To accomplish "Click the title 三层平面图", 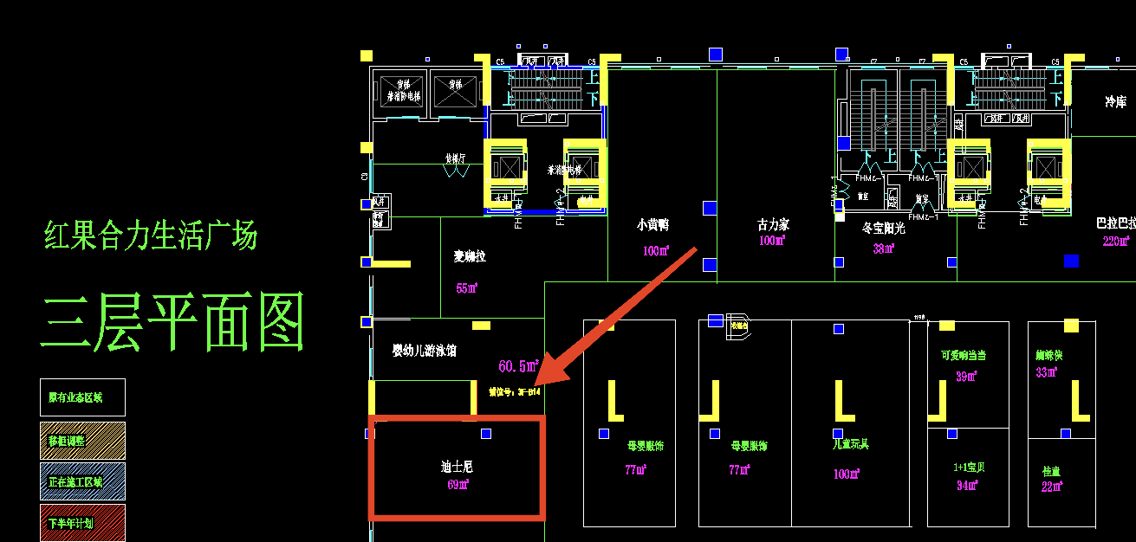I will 173,320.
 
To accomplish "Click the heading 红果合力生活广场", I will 151,236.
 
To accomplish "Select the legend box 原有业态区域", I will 82,397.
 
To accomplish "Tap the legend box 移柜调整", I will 82,441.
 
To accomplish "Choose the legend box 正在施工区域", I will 82,481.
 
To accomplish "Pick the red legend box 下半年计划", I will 82,523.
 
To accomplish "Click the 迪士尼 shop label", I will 457,467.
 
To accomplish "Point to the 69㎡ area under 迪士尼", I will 458,485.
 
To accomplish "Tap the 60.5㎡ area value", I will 519,366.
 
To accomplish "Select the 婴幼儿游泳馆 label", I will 425,351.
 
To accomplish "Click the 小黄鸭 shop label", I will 652,225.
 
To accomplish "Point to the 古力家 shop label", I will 773,225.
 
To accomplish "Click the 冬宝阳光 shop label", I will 884,229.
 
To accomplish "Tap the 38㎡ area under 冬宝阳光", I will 884,249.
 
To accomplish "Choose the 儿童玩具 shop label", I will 850,445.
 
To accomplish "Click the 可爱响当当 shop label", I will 964,355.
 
